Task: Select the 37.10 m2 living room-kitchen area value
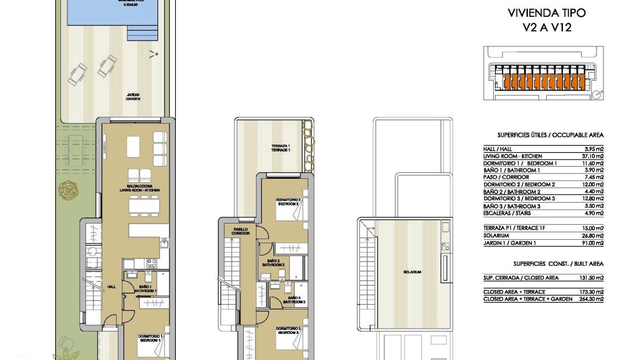click(x=592, y=156)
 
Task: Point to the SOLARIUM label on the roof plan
click(x=414, y=272)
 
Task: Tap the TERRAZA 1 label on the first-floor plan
click(x=280, y=147)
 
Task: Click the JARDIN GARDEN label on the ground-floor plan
click(x=133, y=97)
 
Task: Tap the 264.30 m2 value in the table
click(x=592, y=299)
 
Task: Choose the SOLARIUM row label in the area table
click(x=496, y=236)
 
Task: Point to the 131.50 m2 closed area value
click(x=592, y=278)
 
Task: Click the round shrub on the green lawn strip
click(x=66, y=190)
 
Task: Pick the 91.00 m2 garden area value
click(x=593, y=243)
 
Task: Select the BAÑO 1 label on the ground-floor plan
click(x=142, y=289)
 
